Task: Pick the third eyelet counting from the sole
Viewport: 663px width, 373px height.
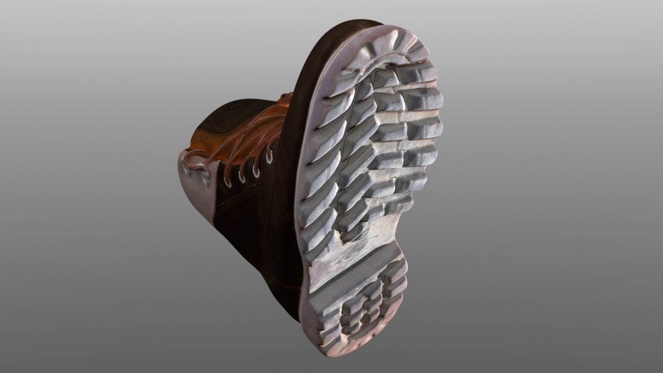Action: [241, 176]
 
